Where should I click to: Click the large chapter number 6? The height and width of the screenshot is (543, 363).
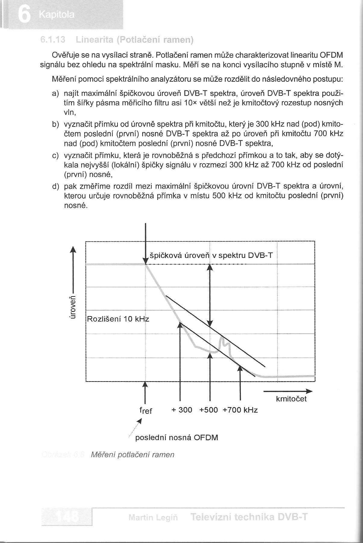24,14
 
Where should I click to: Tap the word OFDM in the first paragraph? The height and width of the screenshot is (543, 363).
331,55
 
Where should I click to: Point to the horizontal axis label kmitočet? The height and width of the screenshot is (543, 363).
291,399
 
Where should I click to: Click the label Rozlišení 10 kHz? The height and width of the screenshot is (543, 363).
118,319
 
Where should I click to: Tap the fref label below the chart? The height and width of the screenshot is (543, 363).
146,410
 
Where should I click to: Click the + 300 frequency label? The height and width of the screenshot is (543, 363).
182,410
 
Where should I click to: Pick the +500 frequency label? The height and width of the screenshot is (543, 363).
208,410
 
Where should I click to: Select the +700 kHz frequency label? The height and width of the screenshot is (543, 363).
240,410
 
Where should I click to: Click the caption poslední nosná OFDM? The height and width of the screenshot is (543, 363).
177,437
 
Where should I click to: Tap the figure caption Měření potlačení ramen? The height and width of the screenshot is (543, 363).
133,454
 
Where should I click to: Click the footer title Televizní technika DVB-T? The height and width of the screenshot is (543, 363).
249,517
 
